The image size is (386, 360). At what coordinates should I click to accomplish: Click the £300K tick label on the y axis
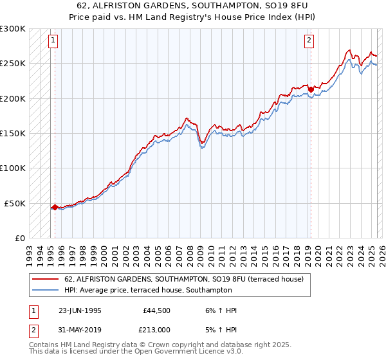coord(14,29)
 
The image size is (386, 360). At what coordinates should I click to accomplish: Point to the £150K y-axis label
coord(14,134)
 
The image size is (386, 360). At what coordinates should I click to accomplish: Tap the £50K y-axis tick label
coord(15,203)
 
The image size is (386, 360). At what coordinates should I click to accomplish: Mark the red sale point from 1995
coord(55,207)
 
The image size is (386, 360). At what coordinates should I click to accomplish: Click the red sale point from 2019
coord(310,89)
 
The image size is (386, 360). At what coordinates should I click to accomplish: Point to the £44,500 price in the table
coord(157,310)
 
